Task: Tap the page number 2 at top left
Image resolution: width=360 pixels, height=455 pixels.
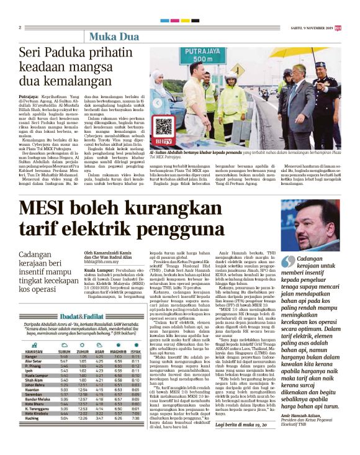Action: pos(20,27)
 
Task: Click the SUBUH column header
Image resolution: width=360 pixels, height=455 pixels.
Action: pos(64,336)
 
